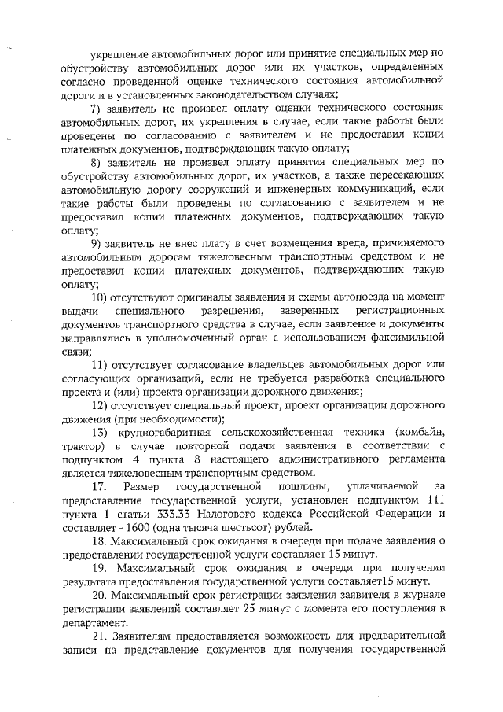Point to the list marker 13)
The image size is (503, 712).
click(100, 433)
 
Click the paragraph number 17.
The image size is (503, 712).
click(100, 488)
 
